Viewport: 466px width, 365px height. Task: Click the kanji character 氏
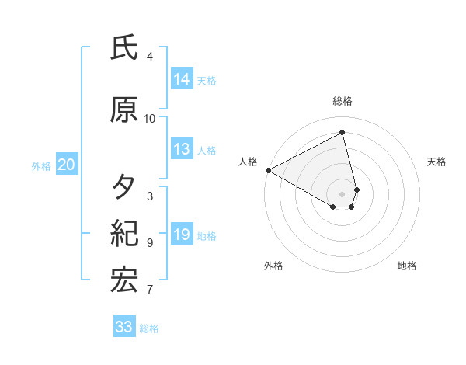(124, 48)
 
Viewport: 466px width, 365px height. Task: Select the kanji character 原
(124, 110)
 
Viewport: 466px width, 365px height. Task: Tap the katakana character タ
(124, 187)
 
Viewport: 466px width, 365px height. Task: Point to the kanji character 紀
(124, 232)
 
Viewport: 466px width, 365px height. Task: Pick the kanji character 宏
(124, 280)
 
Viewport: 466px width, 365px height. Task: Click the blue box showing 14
(182, 79)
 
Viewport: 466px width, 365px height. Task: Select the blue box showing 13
(182, 150)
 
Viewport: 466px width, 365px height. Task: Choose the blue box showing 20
(66, 165)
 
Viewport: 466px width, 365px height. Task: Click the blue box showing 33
(123, 327)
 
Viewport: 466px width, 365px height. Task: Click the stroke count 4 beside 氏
(149, 57)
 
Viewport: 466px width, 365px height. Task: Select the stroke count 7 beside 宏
(149, 290)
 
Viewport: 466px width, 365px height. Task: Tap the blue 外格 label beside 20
(41, 165)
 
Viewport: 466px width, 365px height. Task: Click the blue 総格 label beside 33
(149, 328)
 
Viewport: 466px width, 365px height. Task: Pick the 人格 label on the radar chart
(249, 162)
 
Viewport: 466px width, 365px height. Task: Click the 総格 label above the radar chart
(343, 101)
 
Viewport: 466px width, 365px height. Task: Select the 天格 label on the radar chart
(436, 162)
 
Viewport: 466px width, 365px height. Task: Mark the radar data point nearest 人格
(268, 169)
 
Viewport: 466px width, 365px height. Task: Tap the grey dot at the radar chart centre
(343, 193)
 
